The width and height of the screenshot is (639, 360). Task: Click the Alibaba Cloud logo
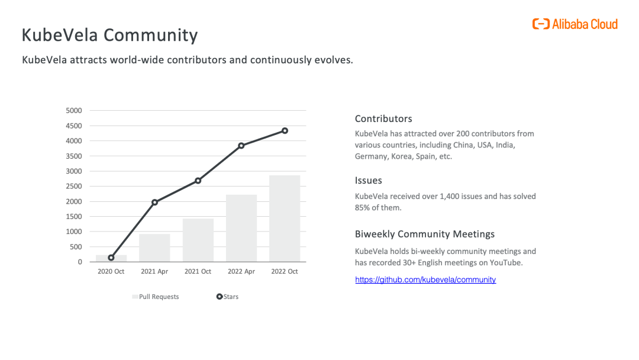coord(575,24)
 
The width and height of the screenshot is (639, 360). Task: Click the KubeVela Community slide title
coord(109,35)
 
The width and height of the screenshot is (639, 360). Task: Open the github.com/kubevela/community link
coord(425,279)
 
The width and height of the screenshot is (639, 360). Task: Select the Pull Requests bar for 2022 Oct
coord(285,218)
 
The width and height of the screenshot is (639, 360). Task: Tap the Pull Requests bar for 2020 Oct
coord(111,258)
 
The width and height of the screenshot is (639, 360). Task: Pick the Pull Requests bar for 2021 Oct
coord(198,240)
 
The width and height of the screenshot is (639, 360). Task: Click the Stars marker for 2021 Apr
coord(154,202)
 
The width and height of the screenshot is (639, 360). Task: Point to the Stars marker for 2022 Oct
coord(285,130)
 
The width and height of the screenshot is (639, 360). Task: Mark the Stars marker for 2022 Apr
coord(241,145)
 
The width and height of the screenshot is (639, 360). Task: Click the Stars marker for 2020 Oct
coord(111,258)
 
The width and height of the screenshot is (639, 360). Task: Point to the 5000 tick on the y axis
coord(74,111)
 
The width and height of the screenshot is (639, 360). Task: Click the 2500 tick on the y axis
coord(74,187)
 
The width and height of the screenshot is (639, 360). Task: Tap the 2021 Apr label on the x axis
coord(154,272)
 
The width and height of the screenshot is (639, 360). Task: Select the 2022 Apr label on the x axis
coord(241,272)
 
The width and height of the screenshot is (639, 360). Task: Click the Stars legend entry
coord(228,297)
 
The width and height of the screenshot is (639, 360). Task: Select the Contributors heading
coord(383,119)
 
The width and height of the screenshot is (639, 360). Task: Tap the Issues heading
coord(369,181)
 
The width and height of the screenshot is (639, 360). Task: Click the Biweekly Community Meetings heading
coord(425,234)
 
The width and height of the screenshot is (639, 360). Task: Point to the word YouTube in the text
coord(504,262)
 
